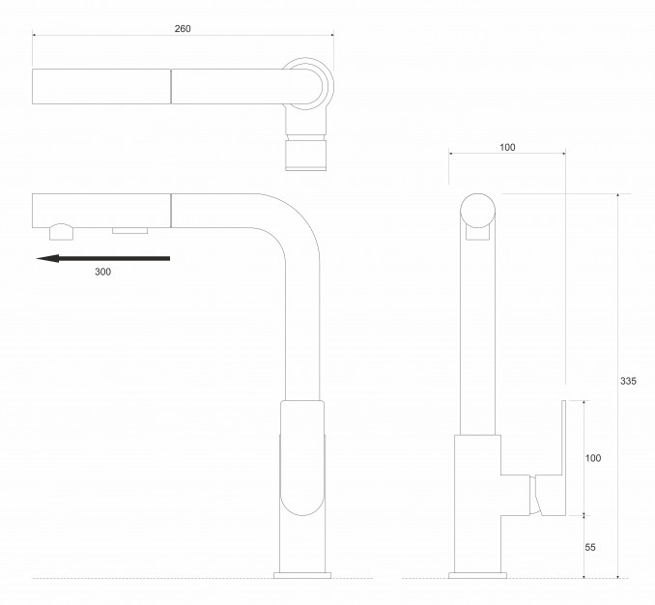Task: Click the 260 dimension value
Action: (x=183, y=28)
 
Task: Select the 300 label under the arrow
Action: (x=103, y=273)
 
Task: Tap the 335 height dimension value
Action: (x=627, y=381)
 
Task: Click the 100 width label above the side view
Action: (x=507, y=148)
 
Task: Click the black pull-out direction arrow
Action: (x=102, y=258)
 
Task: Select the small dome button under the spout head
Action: (x=60, y=230)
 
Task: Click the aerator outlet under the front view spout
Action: (x=129, y=230)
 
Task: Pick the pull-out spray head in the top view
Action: (x=102, y=86)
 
